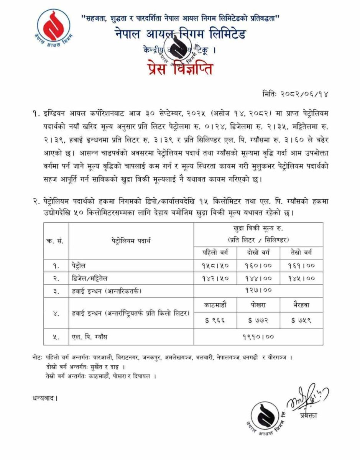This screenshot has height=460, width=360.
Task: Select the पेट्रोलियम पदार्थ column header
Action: pyautogui.click(x=131, y=241)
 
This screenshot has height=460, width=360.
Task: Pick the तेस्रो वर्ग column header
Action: pyautogui.click(x=301, y=252)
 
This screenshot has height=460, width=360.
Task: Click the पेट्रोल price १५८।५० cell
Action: pyautogui.click(x=215, y=265)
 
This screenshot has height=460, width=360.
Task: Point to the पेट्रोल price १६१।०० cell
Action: pyautogui.click(x=301, y=265)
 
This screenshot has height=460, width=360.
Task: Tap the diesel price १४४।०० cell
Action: pyautogui.click(x=258, y=278)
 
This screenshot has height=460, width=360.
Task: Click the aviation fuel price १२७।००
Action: pyautogui.click(x=258, y=291)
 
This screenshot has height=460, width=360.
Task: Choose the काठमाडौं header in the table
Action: pyautogui.click(x=215, y=305)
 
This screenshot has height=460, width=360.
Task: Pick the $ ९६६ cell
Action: pyautogui.click(x=215, y=320)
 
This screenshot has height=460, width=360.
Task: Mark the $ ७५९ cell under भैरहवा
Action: pyautogui.click(x=301, y=320)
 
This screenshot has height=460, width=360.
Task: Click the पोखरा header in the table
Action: pyautogui.click(x=258, y=305)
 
